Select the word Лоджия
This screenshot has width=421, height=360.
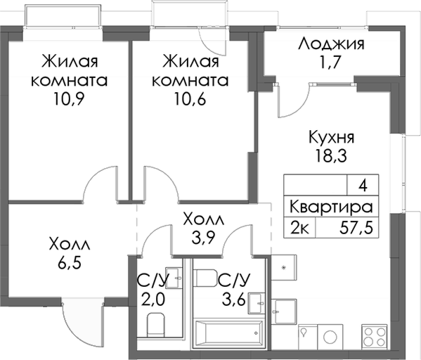click(330, 45)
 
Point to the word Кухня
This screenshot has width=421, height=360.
click(330, 137)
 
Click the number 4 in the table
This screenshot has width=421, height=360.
click(363, 186)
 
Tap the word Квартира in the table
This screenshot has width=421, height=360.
click(330, 207)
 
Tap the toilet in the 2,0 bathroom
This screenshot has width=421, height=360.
click(155, 325)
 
